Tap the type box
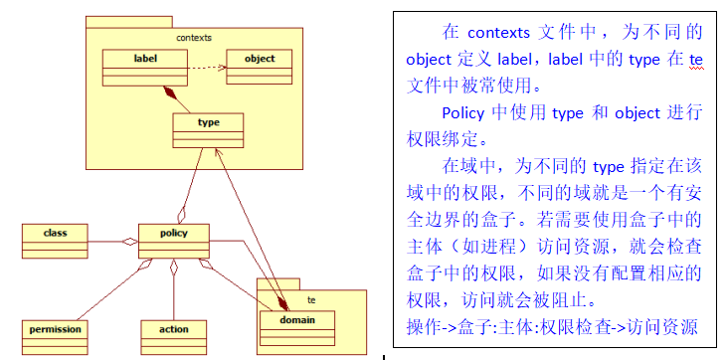point(209,129)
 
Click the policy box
point(174,240)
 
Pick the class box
point(55,240)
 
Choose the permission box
point(55,333)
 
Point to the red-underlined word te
point(696,60)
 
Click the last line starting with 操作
point(552,326)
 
